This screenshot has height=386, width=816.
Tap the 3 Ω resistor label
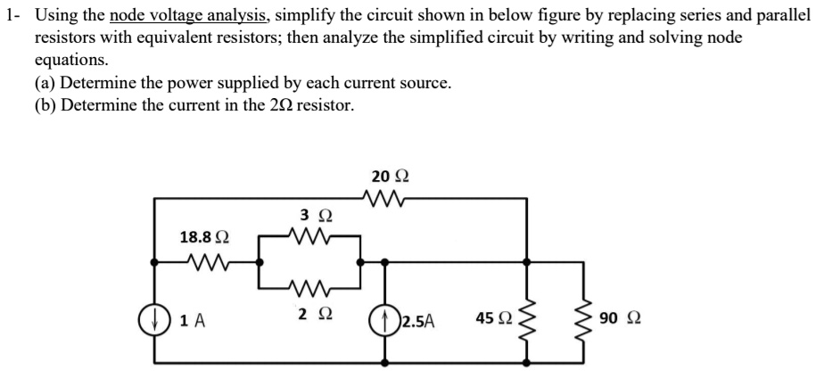pos(317,217)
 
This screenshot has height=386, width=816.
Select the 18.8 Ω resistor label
pos(204,237)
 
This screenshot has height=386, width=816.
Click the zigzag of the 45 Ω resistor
pos(529,319)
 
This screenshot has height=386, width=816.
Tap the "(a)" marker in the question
pos(45,84)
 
